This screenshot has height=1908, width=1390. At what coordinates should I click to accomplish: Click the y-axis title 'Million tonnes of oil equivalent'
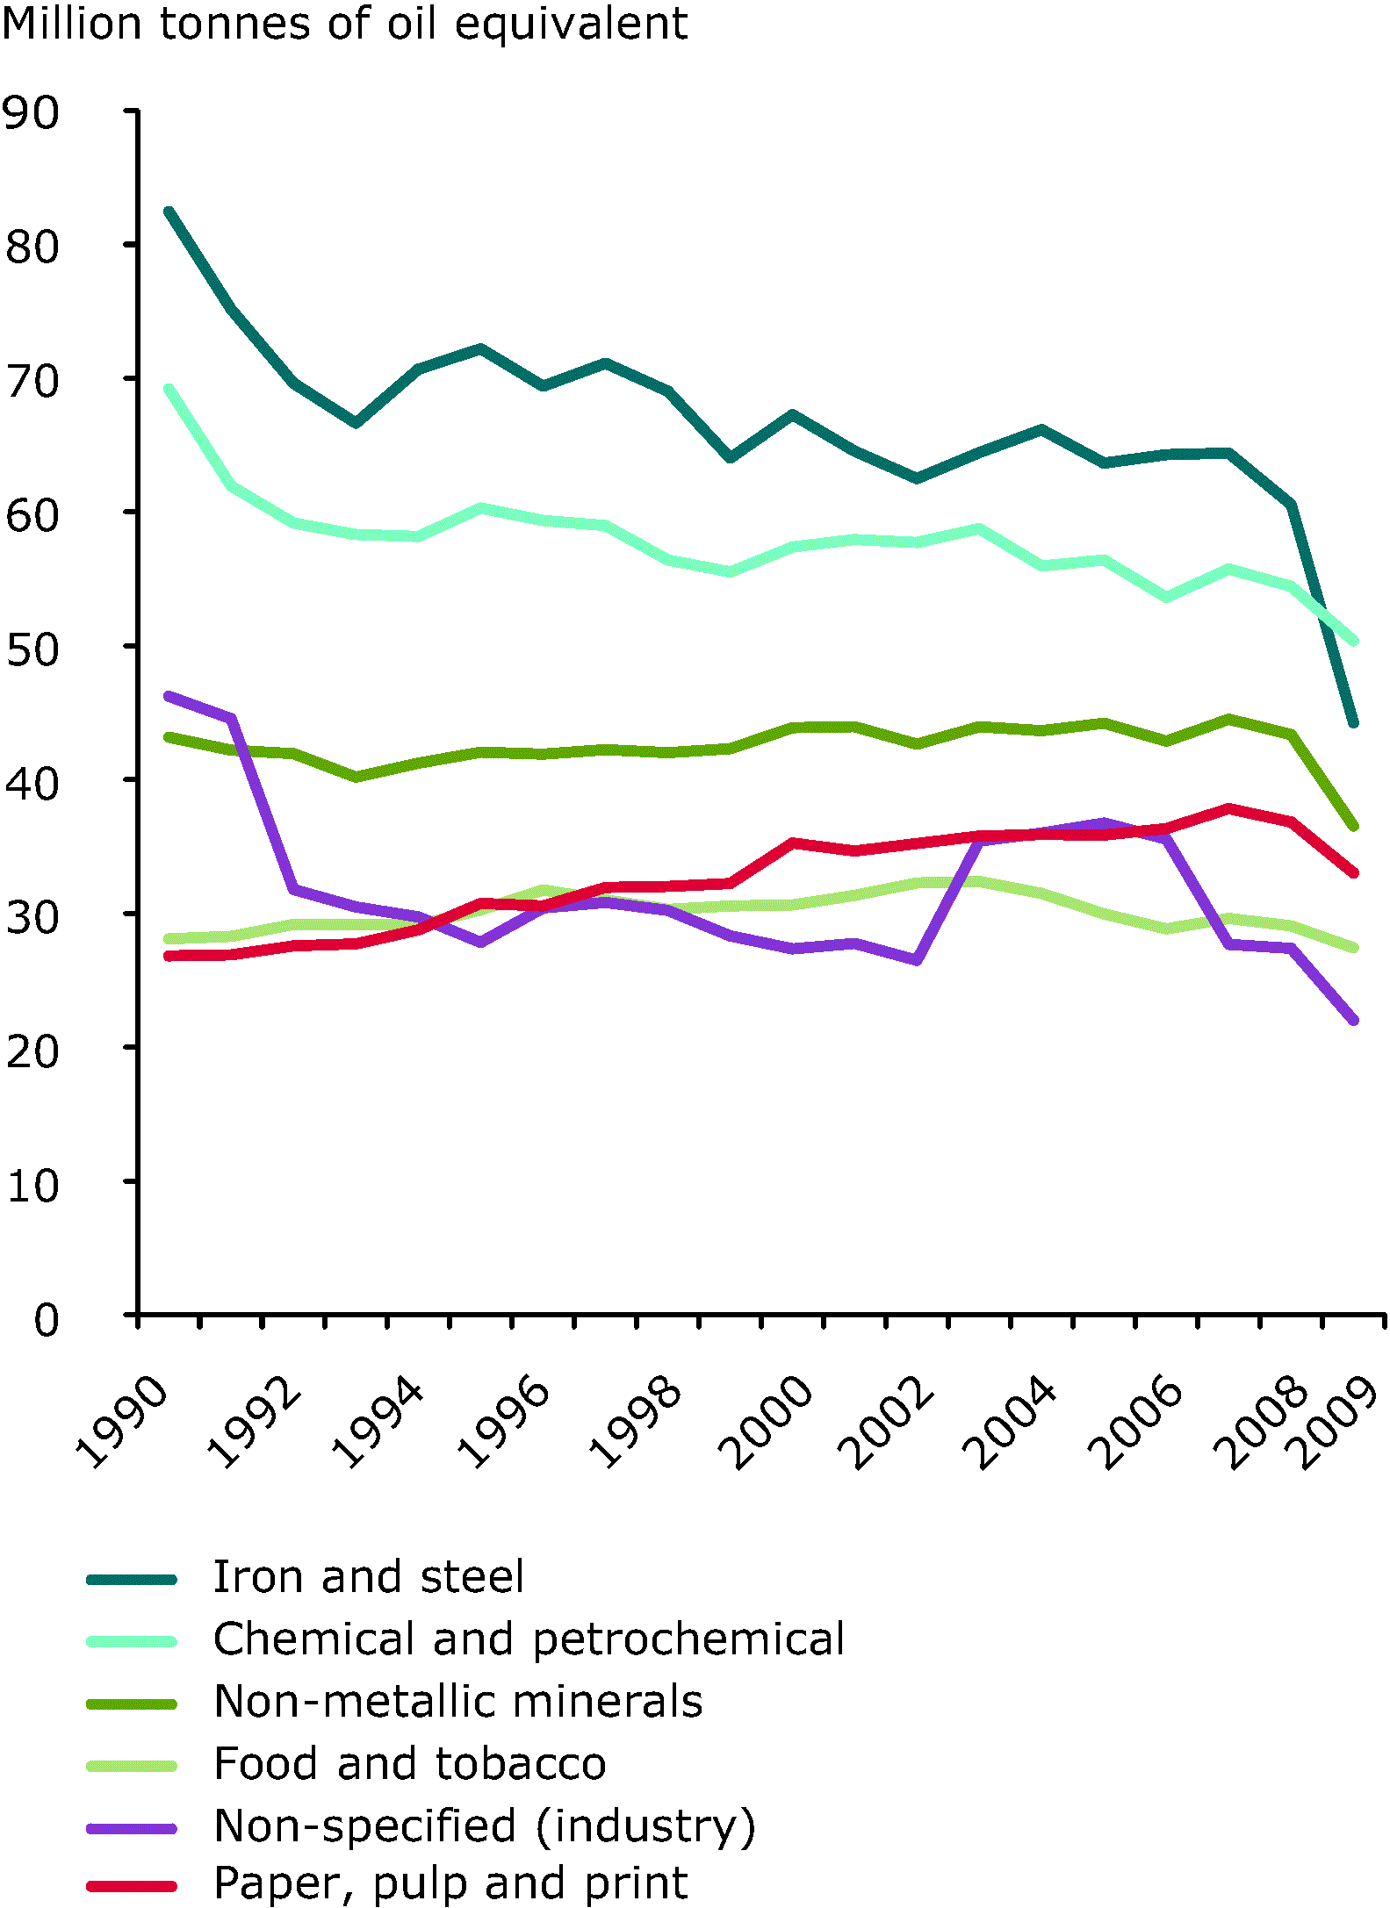(344, 25)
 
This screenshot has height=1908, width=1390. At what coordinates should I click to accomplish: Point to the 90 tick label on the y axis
(32, 113)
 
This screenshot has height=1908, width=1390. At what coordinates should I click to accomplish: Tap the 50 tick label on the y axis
(32, 650)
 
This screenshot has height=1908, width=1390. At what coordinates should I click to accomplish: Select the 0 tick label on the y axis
(46, 1320)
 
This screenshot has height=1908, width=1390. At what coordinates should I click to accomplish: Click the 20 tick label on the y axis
(32, 1051)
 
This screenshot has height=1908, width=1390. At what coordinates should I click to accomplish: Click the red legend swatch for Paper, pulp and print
(132, 1885)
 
